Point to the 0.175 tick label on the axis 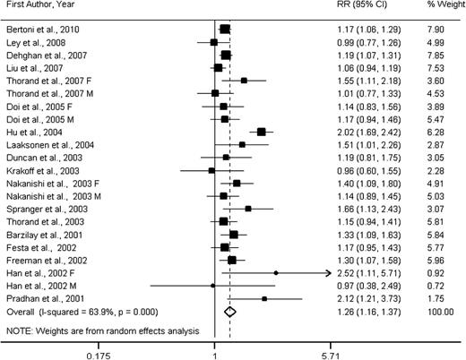98,353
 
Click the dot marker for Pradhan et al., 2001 264,297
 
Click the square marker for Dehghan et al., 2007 226,56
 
